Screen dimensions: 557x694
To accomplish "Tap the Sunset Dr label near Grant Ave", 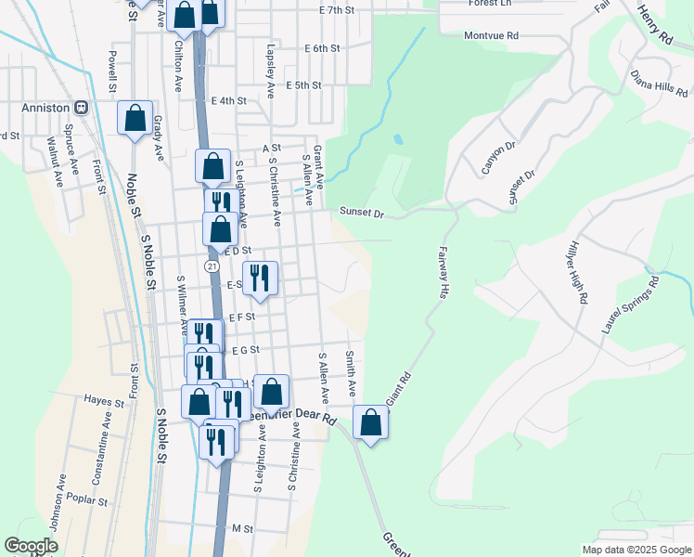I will (361, 214).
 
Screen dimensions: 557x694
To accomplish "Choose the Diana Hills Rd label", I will (659, 84).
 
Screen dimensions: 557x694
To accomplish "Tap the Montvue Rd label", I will (490, 35).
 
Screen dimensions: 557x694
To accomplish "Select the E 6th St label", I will (322, 47).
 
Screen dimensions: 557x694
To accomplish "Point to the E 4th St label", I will (228, 100).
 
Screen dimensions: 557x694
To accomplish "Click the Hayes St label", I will (103, 403).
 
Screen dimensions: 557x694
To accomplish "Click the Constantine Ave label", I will (99, 461).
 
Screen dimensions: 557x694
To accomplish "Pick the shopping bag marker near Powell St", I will (135, 118).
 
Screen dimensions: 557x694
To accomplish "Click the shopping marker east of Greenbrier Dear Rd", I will (370, 422).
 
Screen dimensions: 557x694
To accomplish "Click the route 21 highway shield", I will (212, 266).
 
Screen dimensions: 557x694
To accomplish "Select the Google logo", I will (32, 547).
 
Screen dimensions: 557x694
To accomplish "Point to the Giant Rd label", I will (397, 389).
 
